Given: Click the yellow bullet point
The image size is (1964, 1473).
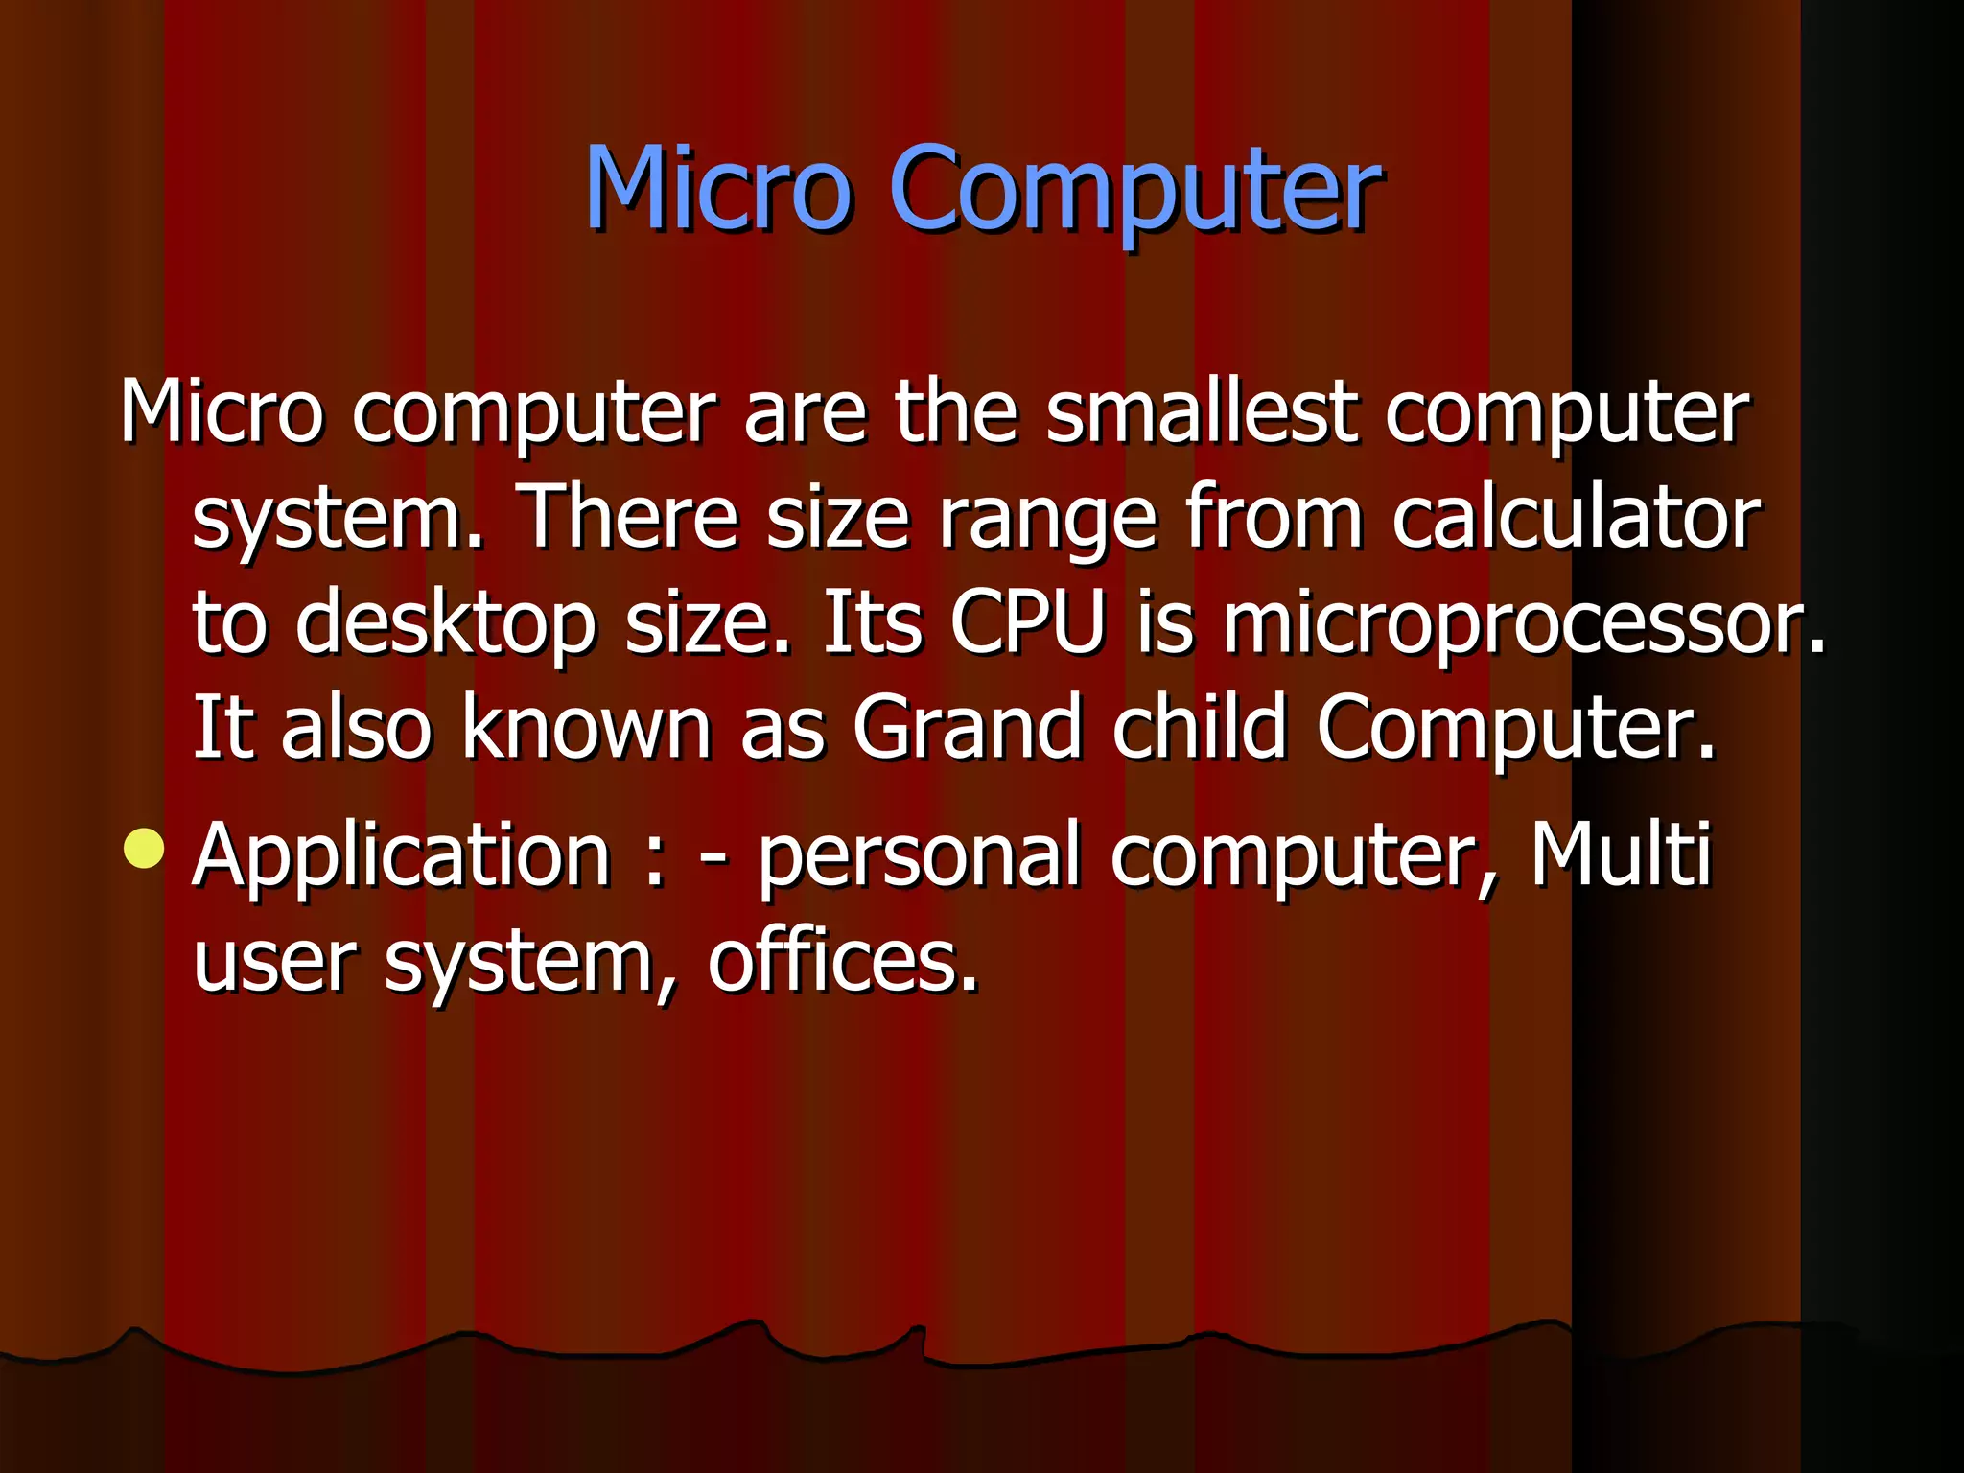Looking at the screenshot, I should click(x=144, y=848).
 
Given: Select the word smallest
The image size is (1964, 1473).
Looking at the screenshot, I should click(x=1202, y=412).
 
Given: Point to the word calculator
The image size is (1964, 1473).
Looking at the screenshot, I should click(x=1576, y=518).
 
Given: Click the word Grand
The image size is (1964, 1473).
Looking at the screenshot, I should click(x=967, y=728).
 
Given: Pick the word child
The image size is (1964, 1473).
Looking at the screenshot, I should click(x=1199, y=728).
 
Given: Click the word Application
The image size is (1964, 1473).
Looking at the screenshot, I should click(x=401, y=857).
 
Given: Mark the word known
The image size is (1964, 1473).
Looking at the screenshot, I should click(x=586, y=728).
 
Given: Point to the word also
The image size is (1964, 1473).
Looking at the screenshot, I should click(x=356, y=728).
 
